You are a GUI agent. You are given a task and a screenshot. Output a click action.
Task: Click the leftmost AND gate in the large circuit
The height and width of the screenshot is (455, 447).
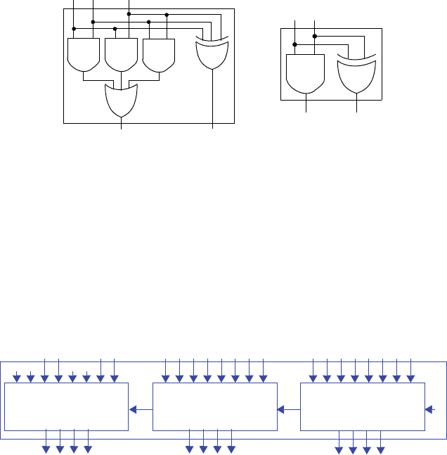84,54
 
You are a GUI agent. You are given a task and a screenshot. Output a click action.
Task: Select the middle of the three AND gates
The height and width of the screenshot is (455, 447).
120,54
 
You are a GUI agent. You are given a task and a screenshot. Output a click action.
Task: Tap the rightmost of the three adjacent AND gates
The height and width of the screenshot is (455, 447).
158,54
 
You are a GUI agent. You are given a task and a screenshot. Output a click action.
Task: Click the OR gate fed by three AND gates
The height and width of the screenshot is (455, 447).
121,101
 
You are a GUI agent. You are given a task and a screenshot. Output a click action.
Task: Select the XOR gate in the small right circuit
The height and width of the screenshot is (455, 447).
356,75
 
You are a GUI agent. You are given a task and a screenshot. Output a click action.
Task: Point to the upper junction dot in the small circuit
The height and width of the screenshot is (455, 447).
314,36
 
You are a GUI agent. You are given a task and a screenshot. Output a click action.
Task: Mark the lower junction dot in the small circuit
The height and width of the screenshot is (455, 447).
295,45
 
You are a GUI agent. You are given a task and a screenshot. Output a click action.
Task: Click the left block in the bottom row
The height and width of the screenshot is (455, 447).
67,406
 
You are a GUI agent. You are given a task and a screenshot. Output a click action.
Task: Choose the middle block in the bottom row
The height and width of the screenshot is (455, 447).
215,406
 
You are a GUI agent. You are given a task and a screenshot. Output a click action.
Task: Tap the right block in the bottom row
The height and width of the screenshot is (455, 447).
363,406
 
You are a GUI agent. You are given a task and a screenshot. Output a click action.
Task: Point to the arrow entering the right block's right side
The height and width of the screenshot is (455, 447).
432,409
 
